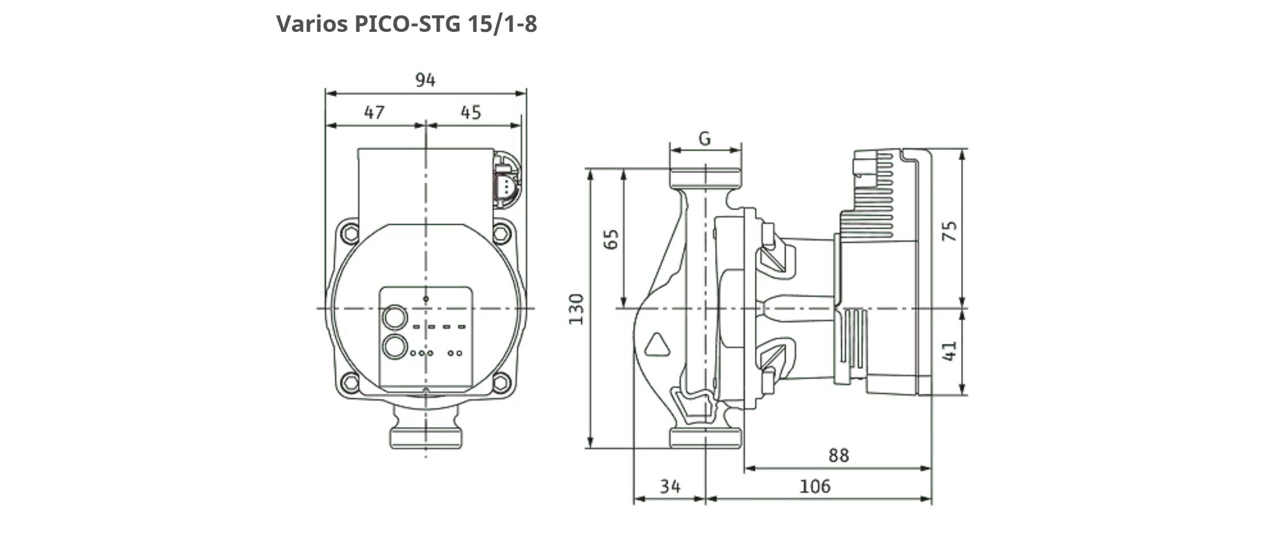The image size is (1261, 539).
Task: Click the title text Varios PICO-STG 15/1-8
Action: (x=406, y=24)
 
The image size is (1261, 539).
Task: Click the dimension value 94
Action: (x=425, y=80)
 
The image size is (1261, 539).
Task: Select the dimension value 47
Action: (x=374, y=113)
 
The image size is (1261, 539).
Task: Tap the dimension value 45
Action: (x=471, y=113)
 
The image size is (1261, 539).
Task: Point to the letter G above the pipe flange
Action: (x=705, y=138)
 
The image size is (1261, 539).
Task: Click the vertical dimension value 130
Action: (x=577, y=309)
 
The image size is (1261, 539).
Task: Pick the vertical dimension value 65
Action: (x=610, y=239)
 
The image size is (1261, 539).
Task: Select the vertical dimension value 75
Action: (x=950, y=231)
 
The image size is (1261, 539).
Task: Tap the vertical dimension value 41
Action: (x=950, y=351)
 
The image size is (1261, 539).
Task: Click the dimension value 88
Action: (x=838, y=455)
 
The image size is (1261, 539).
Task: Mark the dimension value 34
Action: (x=670, y=486)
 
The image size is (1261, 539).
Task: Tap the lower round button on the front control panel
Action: (x=395, y=347)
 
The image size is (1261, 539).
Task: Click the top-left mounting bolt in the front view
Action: (x=349, y=233)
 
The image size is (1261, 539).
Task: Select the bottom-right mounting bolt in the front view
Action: (x=501, y=381)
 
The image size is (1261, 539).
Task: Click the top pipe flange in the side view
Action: (x=706, y=178)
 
